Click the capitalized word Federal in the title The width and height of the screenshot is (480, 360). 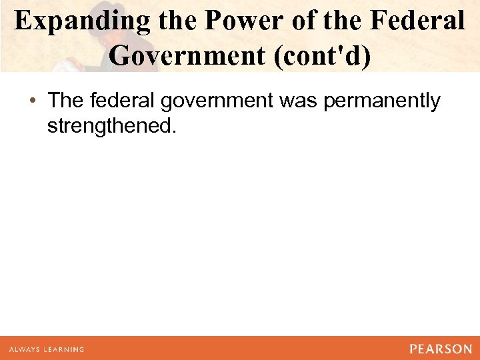pyautogui.click(x=417, y=21)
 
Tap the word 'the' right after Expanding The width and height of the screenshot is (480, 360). pyautogui.click(x=179, y=21)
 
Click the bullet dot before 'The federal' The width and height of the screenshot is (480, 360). pyautogui.click(x=33, y=101)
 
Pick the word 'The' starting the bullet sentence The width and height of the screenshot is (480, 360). pyautogui.click(x=65, y=101)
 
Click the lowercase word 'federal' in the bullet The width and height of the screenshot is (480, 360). pyautogui.click(x=117, y=101)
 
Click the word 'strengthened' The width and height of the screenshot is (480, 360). pyautogui.click(x=109, y=126)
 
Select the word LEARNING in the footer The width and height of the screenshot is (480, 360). pyautogui.click(x=66, y=349)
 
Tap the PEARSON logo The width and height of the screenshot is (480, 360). pyautogui.click(x=441, y=349)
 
